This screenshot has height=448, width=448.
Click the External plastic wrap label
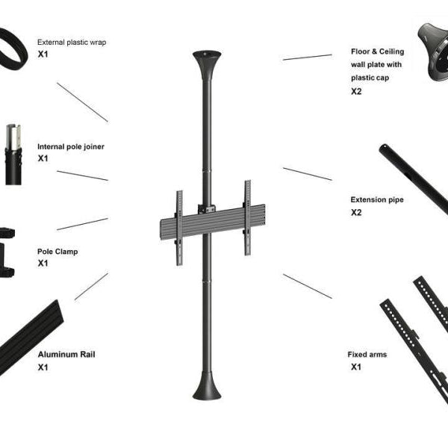tap(72, 43)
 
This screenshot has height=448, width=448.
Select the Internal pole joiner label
tap(71, 146)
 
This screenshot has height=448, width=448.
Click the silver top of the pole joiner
tap(13, 137)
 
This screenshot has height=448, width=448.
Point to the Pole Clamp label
tap(57, 252)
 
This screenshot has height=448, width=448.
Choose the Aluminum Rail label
tap(66, 354)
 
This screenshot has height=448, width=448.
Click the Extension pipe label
tap(377, 199)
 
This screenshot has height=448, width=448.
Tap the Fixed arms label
tap(367, 354)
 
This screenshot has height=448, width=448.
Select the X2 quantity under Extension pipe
tap(356, 213)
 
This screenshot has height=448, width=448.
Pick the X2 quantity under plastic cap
tap(356, 91)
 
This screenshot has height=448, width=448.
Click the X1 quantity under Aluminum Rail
tap(43, 367)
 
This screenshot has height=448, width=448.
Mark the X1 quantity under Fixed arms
tap(356, 367)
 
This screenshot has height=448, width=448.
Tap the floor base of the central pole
tap(207, 386)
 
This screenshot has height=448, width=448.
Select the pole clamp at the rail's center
tap(207, 209)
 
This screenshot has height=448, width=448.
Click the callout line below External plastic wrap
tap(82, 102)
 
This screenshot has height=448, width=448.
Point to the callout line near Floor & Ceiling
tap(308, 57)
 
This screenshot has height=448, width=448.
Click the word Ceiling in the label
tap(391, 52)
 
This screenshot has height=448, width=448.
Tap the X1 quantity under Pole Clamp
tap(43, 263)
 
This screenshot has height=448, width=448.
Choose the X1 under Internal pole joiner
tap(43, 158)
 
